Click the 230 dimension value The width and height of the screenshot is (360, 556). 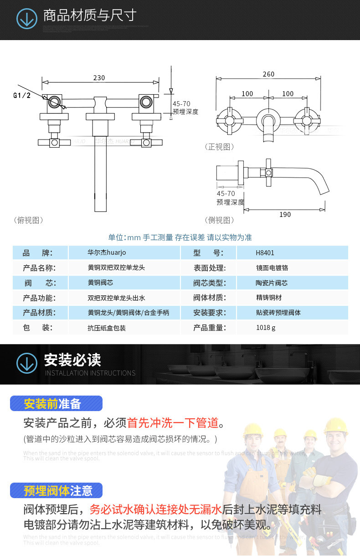[99, 77]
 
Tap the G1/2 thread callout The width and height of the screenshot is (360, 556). [21, 95]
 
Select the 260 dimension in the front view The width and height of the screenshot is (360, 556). [269, 74]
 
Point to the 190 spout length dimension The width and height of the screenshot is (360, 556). [285, 214]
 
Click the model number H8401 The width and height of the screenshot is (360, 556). [265, 253]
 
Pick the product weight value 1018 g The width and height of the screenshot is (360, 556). [266, 327]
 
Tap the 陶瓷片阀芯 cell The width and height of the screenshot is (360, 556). [272, 283]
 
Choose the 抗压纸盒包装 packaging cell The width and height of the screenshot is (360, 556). [107, 327]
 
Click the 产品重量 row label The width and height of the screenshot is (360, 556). [209, 327]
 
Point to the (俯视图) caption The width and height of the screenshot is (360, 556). [29, 220]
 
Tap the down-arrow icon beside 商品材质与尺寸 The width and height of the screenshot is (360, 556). [27, 19]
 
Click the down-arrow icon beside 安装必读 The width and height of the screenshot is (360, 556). [27, 363]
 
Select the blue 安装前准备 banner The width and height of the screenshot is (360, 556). [56, 403]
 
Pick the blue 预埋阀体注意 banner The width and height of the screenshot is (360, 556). [56, 490]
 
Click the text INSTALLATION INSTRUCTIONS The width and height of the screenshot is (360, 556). [90, 373]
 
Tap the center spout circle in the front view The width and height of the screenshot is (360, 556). [268, 120]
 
